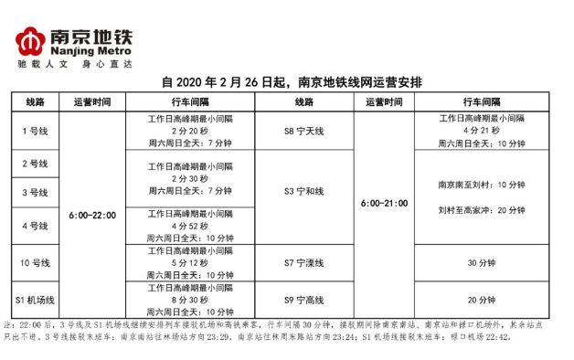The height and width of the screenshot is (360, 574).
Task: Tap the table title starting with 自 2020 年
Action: [x=291, y=81]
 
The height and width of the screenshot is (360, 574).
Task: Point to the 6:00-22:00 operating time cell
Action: [x=92, y=216]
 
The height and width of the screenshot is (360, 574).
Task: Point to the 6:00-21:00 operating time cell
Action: [x=384, y=203]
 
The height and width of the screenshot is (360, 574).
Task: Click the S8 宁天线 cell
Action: [x=303, y=131]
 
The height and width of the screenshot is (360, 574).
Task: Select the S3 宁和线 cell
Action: [x=303, y=191]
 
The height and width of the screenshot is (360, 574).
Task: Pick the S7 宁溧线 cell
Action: [x=303, y=263]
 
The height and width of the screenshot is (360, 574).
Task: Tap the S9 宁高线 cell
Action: [x=303, y=299]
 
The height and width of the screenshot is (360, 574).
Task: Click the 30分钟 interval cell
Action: [x=481, y=263]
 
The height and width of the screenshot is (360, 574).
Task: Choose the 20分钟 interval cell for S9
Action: [x=481, y=299]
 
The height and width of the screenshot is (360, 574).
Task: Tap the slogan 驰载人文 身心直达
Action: [x=75, y=67]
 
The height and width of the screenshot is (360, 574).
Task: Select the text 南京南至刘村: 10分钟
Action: [x=481, y=185]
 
